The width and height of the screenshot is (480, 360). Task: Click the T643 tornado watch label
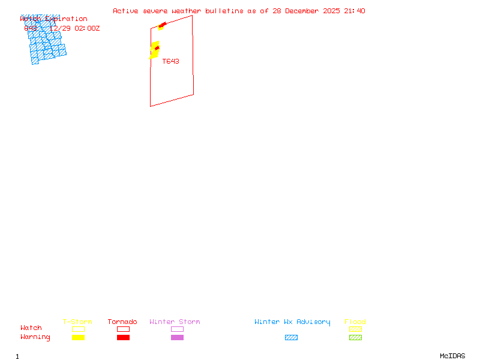(x=170, y=61)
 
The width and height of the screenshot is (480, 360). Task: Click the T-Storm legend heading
(x=77, y=322)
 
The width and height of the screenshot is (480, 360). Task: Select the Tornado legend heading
(x=122, y=322)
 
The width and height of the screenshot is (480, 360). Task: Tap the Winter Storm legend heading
(x=175, y=322)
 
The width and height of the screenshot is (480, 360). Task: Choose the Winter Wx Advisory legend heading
(x=292, y=322)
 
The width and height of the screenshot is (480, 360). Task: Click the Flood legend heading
(x=355, y=322)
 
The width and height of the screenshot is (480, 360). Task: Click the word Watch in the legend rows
(x=31, y=328)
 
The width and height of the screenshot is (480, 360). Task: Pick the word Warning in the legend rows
(x=35, y=337)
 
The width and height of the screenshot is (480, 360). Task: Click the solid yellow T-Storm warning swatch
(x=78, y=338)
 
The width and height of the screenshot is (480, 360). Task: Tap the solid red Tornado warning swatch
(x=123, y=338)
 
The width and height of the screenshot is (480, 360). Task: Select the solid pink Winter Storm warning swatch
(x=177, y=338)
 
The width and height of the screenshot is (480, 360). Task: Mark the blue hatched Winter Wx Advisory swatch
(x=291, y=338)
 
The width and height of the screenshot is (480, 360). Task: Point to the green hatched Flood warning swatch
(x=355, y=338)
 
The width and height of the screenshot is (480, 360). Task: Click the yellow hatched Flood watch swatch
(x=355, y=329)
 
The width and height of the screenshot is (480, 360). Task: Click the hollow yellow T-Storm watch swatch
(x=78, y=329)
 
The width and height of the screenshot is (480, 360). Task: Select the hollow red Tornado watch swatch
(x=123, y=329)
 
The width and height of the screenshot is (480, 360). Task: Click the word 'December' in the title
(x=305, y=11)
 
